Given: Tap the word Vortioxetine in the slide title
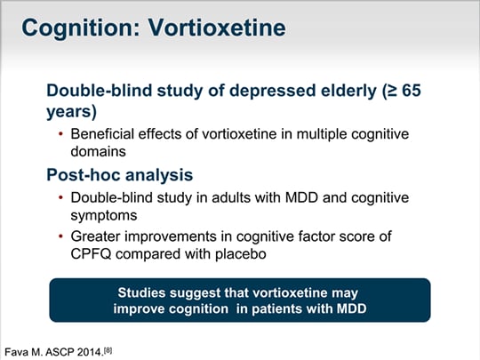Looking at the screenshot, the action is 217,28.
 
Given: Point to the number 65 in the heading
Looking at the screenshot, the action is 412,91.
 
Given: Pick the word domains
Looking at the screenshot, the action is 99,151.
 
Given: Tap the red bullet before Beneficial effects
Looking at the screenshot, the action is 61,133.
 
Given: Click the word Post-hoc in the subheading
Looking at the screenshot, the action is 84,175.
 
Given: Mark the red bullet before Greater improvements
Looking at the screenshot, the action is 61,236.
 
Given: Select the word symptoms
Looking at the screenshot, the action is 104,216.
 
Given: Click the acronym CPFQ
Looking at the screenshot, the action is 91,254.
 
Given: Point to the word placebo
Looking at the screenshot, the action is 241,254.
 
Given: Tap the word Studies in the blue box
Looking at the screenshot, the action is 141,292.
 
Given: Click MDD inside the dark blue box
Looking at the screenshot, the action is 351,308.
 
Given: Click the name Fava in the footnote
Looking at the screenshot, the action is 17,352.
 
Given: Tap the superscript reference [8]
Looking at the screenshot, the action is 108,350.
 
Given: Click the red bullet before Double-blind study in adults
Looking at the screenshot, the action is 61,197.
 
